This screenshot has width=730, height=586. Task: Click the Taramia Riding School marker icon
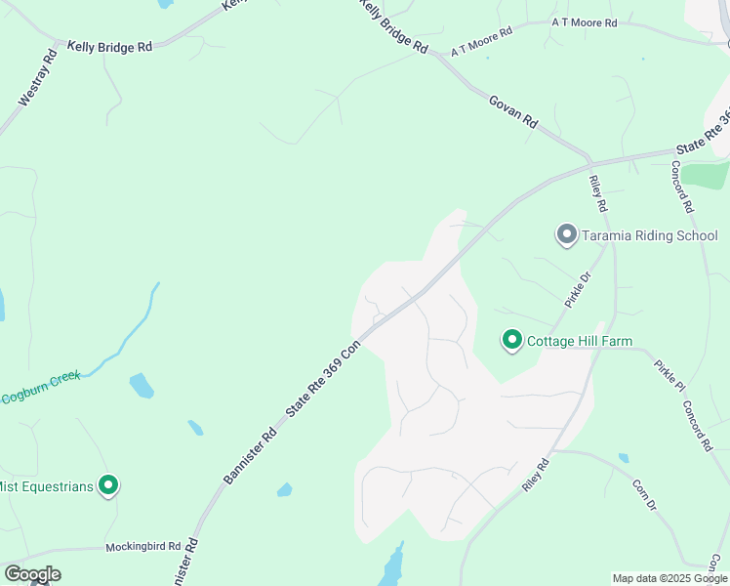tap(566, 234)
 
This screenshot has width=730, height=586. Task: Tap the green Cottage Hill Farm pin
tap(511, 340)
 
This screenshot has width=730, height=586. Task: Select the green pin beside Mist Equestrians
tap(109, 484)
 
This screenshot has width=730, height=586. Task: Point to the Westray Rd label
tap(38, 78)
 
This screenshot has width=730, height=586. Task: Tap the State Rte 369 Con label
tap(323, 381)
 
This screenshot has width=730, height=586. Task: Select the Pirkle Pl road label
tap(669, 376)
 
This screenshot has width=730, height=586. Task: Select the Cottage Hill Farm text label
tap(580, 341)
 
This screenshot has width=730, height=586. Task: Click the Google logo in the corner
tap(32, 574)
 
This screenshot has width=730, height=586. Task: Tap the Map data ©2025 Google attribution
tap(669, 578)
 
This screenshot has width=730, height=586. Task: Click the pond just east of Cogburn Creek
tap(142, 385)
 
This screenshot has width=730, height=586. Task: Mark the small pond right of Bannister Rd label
tap(284, 489)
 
